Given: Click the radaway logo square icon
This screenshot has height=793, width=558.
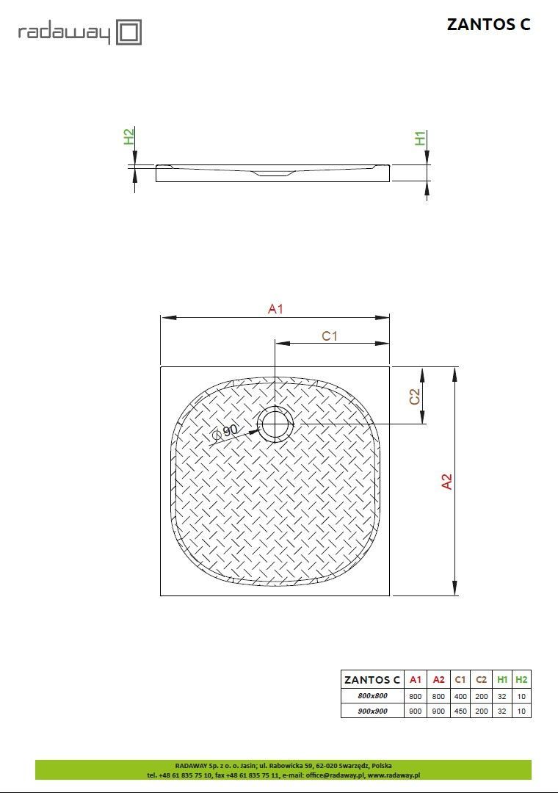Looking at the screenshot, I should [129, 32].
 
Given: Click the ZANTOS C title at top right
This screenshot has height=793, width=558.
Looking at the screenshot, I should [488, 24].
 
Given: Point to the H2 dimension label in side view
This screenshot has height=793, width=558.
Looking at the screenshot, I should [128, 137].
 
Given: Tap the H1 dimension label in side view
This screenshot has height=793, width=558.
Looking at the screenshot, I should [421, 138].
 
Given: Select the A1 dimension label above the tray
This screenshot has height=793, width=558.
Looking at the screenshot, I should [275, 309].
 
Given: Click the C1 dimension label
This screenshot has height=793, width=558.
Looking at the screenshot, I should [330, 336].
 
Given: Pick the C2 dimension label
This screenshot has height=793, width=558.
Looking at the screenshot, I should [415, 396].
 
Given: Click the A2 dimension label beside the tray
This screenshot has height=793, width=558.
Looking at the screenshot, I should [446, 481].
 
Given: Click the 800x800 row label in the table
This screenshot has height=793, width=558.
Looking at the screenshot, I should [372, 695].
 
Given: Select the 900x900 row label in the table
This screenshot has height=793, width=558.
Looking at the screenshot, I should [372, 711].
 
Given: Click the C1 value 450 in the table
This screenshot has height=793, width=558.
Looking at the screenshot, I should [460, 711].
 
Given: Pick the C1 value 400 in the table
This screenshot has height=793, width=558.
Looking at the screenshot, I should [460, 695].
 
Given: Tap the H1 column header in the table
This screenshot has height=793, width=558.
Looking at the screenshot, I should [502, 680].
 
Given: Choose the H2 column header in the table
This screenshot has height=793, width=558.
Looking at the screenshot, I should [521, 680].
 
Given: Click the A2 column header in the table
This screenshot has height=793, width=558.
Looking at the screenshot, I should [438, 680].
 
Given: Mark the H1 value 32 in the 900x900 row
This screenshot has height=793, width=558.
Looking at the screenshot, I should [502, 711].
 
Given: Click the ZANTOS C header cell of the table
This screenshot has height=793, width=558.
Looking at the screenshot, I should [372, 680].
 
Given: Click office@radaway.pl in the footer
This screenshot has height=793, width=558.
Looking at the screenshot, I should [333, 775].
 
